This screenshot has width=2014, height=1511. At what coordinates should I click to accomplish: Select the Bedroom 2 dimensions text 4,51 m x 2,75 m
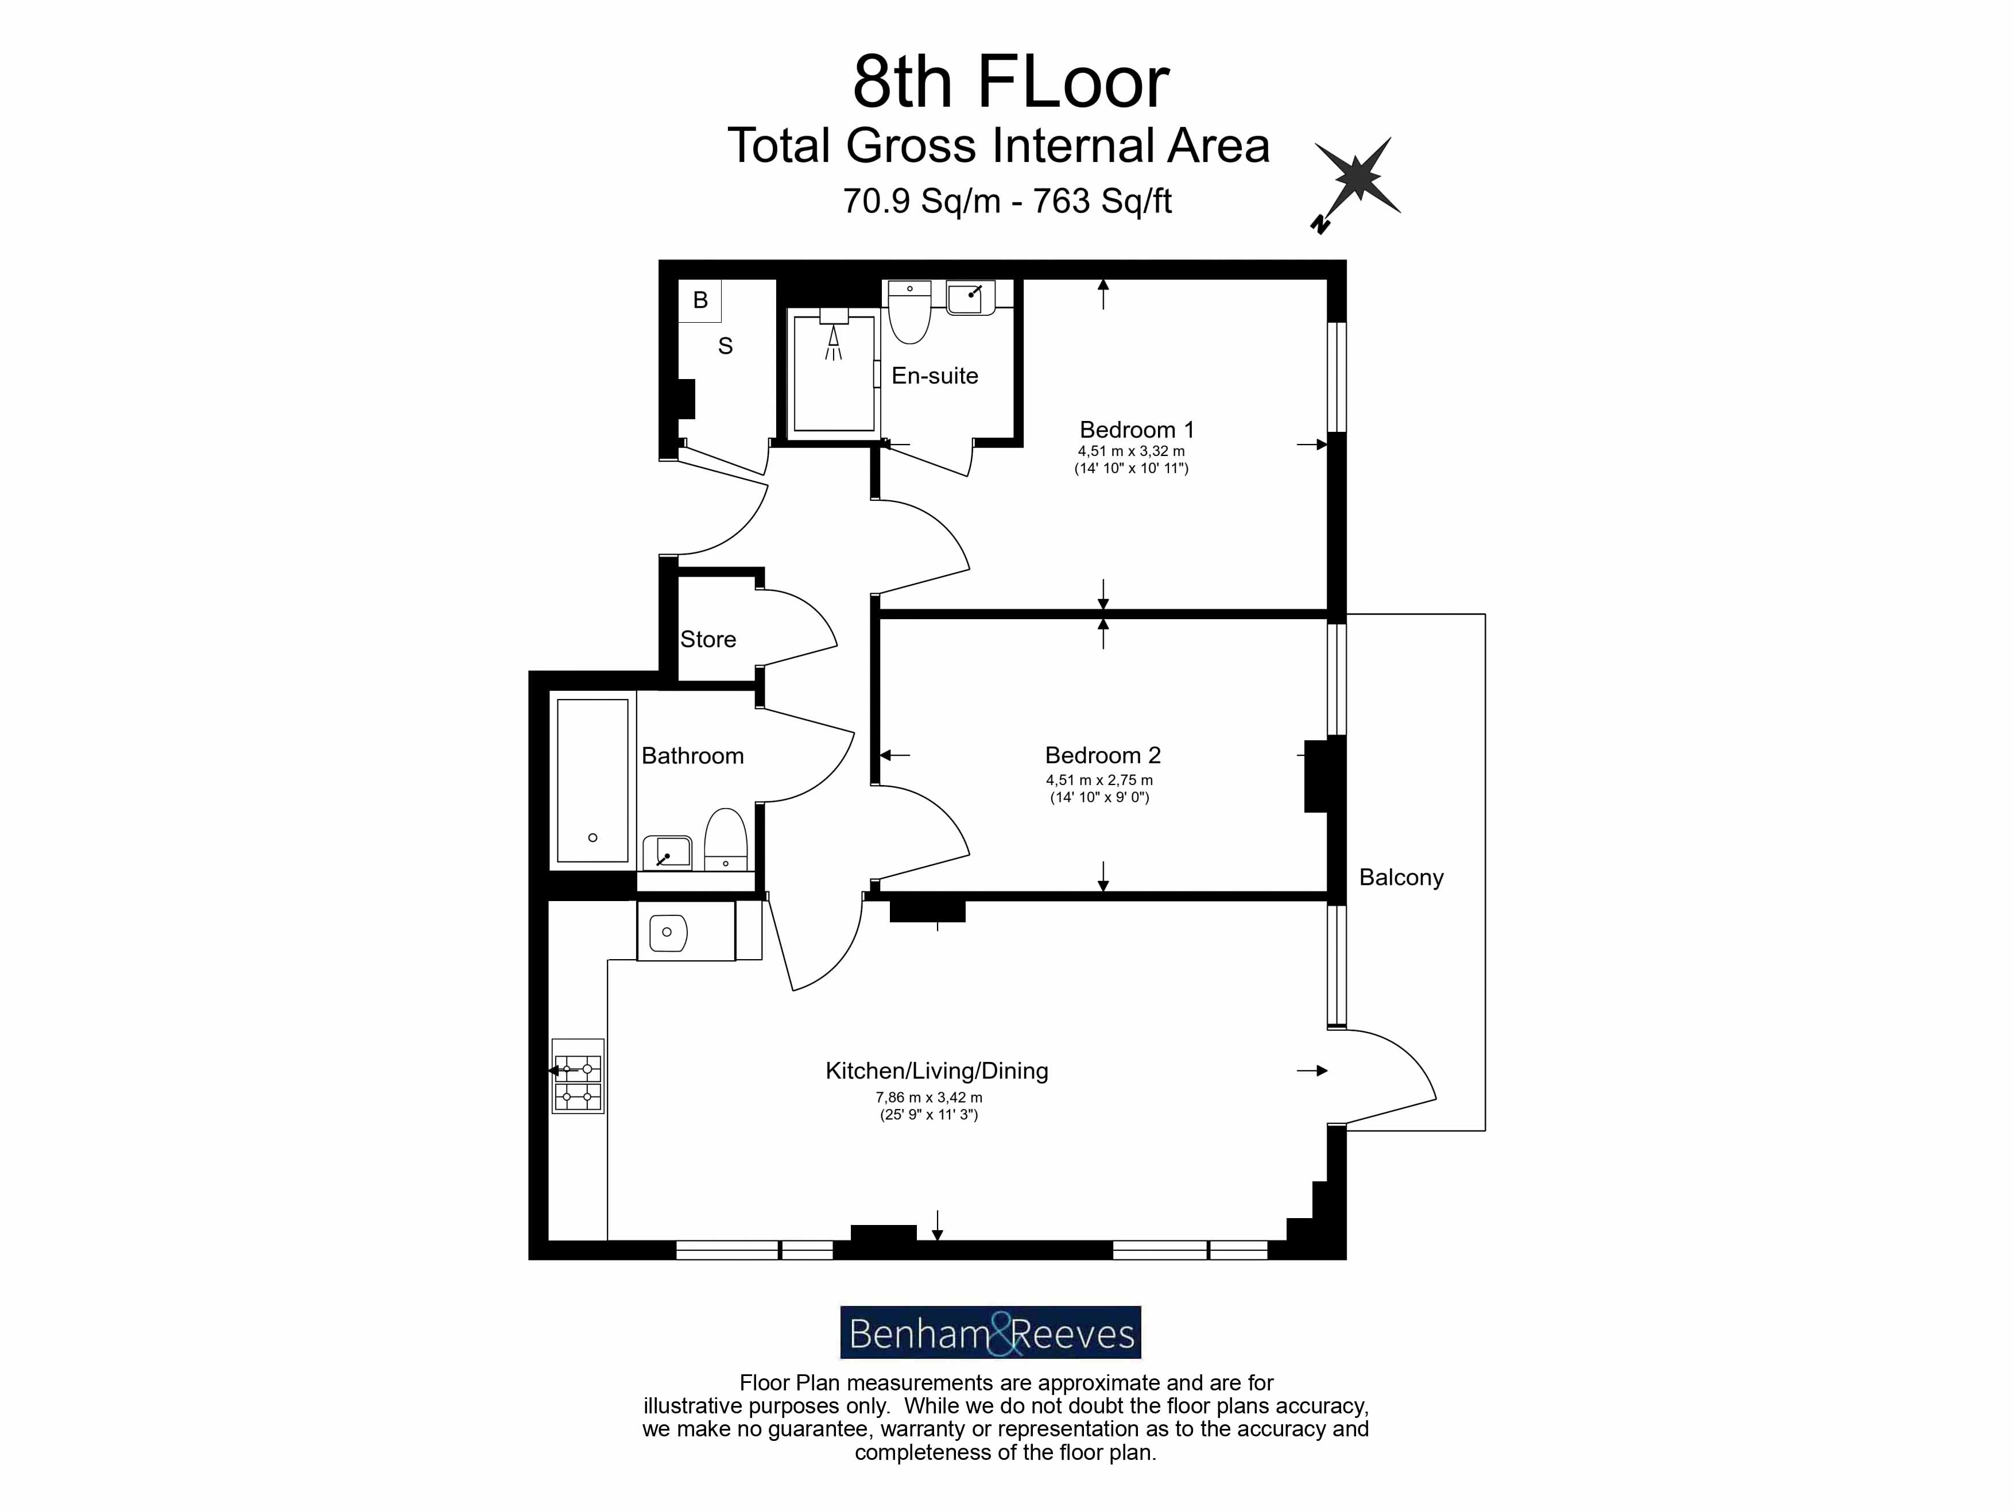(x=1099, y=780)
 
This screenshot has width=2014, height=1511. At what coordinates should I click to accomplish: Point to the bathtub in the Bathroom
(x=592, y=780)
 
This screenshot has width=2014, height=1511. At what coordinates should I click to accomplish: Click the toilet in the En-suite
(x=909, y=314)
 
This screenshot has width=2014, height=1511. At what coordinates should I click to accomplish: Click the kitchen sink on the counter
(x=668, y=932)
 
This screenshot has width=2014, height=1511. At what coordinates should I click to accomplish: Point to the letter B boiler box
(x=700, y=300)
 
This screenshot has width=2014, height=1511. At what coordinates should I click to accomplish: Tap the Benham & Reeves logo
(x=990, y=1332)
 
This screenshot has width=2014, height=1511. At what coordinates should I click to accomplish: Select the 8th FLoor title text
(x=1010, y=82)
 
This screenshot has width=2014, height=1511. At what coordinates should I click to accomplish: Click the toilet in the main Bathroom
(x=726, y=839)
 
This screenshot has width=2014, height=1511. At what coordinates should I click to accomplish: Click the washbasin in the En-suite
(x=971, y=298)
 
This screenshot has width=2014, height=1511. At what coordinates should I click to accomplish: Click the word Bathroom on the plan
(x=692, y=756)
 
